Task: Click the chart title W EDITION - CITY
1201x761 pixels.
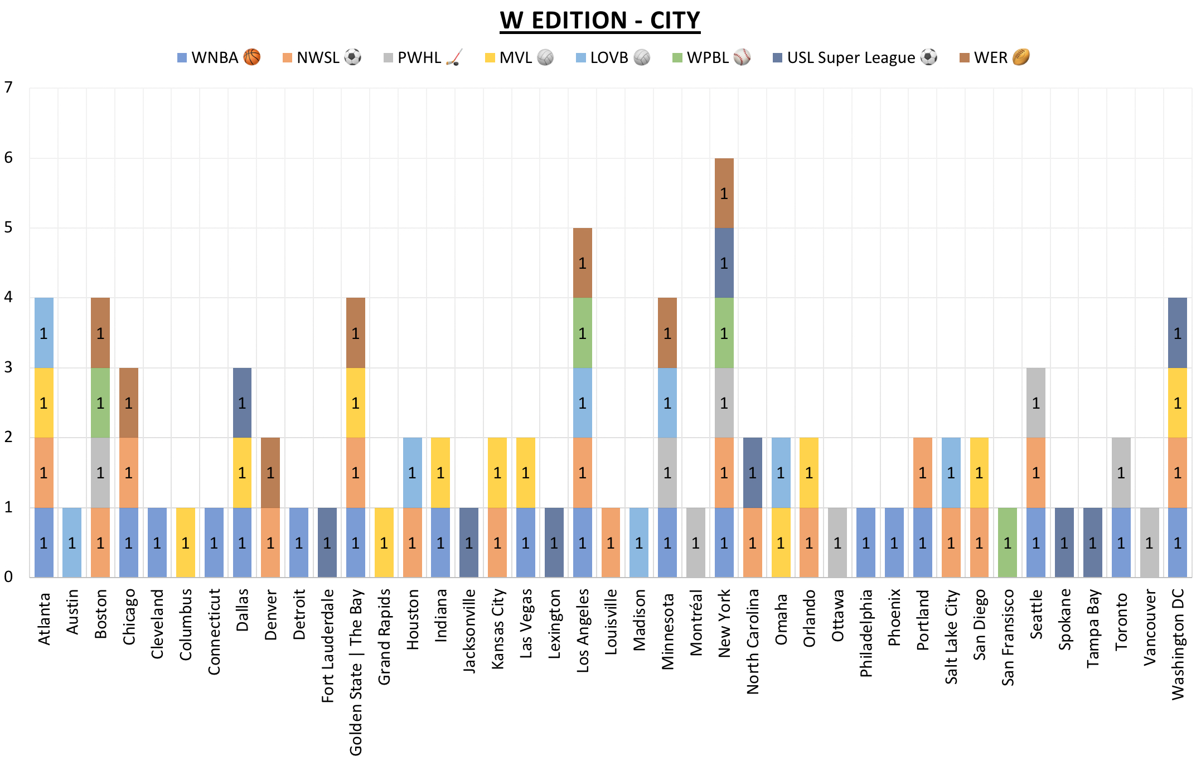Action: pos(600,21)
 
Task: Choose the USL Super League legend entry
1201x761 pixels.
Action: pos(855,57)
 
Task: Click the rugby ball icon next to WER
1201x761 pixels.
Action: pos(1021,57)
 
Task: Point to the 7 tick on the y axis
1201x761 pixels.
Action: pos(8,88)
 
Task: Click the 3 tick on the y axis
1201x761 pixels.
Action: pos(8,367)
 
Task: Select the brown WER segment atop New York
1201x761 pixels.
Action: pos(724,193)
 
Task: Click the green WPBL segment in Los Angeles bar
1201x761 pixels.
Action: pos(582,333)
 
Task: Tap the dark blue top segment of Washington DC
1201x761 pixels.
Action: pos(1178,333)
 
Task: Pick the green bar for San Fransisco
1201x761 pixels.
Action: pos(1008,542)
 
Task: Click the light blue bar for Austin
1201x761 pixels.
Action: pos(72,542)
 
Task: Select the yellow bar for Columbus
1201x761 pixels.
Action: pos(185,542)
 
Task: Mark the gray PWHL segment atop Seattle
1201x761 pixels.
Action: pos(1036,403)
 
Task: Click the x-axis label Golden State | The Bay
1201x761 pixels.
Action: pos(356,672)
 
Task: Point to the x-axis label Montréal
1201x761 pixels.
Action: pos(696,622)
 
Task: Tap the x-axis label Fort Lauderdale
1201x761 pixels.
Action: pos(327,646)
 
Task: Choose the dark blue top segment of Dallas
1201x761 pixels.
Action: pos(242,403)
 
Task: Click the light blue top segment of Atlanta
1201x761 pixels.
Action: pos(43,333)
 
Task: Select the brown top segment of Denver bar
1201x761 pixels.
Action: pos(270,473)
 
